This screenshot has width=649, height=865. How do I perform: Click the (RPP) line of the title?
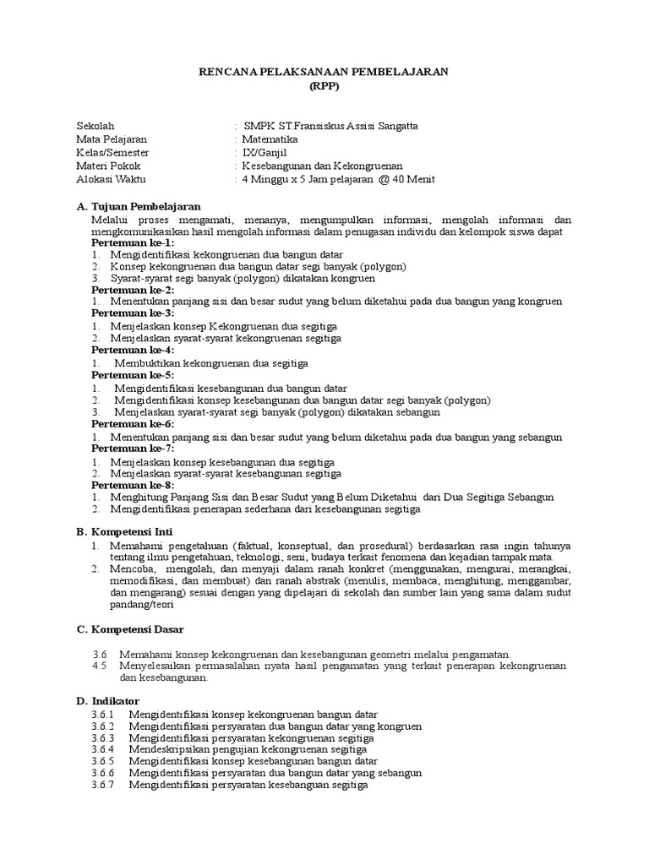pos(324,86)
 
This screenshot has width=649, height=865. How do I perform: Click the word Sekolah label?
pos(95,126)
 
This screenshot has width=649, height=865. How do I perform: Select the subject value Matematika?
pos(270,139)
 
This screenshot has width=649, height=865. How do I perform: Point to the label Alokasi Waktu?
pos(110,180)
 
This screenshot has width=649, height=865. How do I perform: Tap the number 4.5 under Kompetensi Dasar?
pos(101,666)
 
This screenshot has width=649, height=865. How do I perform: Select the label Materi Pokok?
pos(108,166)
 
